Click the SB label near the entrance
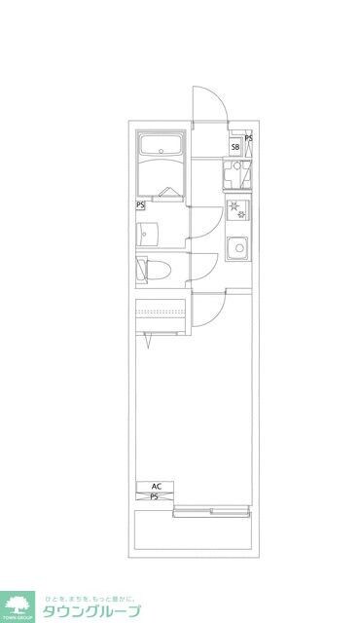[235, 147]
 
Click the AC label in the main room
[155, 486]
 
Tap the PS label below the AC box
[155, 496]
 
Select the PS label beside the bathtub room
[141, 205]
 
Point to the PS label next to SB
[249, 139]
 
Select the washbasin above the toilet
[147, 234]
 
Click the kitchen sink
[236, 247]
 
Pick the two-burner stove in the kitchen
[235, 207]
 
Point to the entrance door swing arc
[210, 102]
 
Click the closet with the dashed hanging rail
[162, 314]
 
